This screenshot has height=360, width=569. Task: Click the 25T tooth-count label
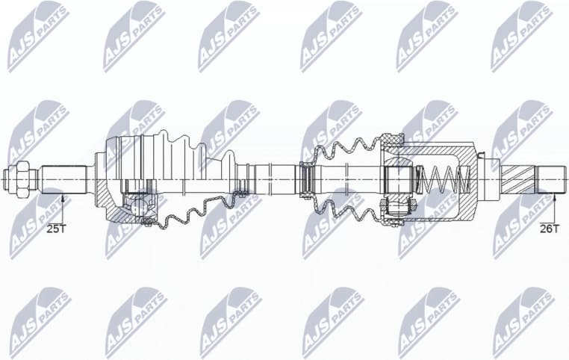click(x=55, y=229)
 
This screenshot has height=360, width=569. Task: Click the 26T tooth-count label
click(x=549, y=229)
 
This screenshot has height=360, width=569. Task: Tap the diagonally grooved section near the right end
click(x=517, y=179)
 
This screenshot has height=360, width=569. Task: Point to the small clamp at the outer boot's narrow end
click(x=241, y=179)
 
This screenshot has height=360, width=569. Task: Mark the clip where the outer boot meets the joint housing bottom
click(x=149, y=221)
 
